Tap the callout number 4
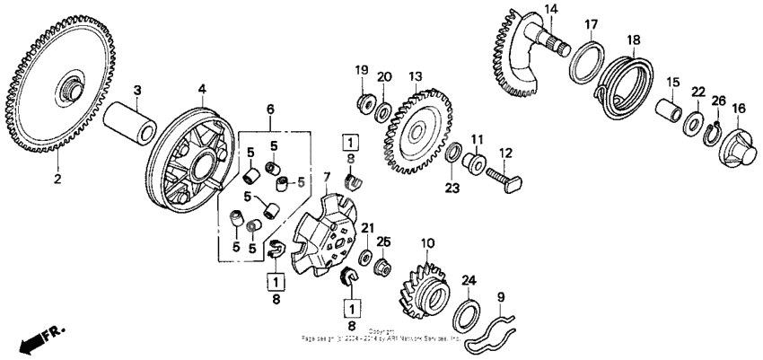tap(203, 89)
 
